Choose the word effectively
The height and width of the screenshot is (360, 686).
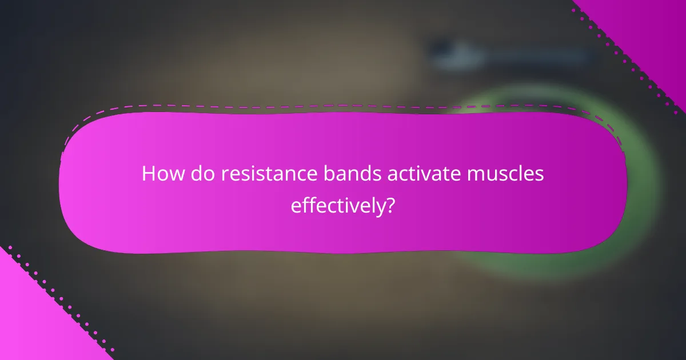[337, 205]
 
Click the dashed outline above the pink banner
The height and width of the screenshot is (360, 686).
[343, 106]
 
